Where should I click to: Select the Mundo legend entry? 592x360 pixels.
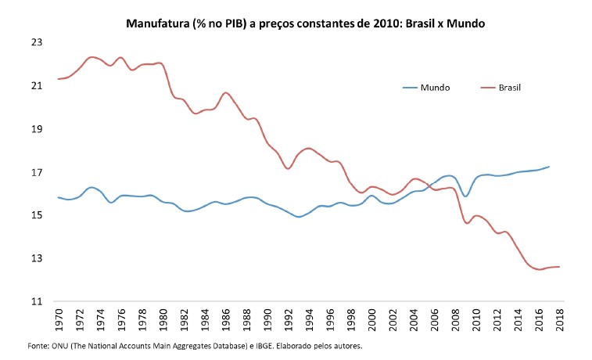[434, 88]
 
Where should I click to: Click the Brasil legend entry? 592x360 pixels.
[509, 88]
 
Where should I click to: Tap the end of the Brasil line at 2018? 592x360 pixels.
[559, 267]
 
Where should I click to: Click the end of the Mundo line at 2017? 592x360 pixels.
[549, 166]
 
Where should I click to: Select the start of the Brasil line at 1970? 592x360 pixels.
[59, 79]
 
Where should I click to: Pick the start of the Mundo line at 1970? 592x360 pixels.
[59, 197]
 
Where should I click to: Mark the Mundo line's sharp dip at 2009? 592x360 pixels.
[465, 196]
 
